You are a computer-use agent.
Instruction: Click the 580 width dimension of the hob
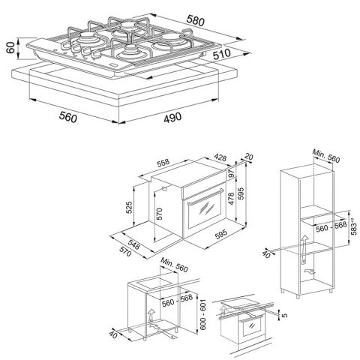point(196,20)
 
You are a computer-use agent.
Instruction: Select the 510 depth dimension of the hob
point(222,54)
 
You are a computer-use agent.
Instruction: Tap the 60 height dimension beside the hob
point(10,47)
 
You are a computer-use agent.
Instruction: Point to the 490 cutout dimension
point(172,117)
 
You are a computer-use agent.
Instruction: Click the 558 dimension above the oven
point(163,163)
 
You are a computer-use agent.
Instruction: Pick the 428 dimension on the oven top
point(220,157)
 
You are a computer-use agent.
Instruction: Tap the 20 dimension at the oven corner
point(248,157)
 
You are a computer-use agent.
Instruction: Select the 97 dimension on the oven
point(231,174)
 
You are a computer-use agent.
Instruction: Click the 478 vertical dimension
point(231,199)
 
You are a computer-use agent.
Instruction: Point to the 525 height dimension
point(128,208)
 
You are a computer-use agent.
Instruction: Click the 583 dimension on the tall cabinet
point(353,226)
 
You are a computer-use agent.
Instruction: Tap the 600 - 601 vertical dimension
point(202,314)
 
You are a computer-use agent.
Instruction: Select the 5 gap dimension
point(284,315)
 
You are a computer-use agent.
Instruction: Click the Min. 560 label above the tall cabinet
point(326,156)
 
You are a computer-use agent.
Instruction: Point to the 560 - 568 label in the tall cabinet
point(331,226)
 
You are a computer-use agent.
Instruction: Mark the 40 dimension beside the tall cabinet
point(267,254)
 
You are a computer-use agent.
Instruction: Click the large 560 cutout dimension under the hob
point(67,117)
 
